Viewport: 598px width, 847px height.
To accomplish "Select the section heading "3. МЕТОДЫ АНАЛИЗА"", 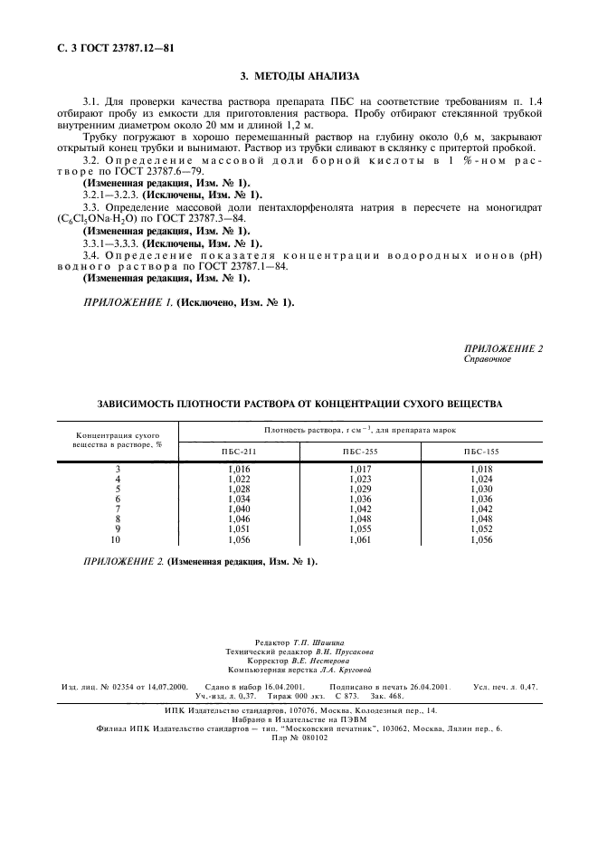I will (x=299, y=76).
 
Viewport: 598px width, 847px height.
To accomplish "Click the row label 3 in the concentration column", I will (x=117, y=468).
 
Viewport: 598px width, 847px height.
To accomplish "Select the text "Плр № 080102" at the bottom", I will (x=299, y=738).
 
